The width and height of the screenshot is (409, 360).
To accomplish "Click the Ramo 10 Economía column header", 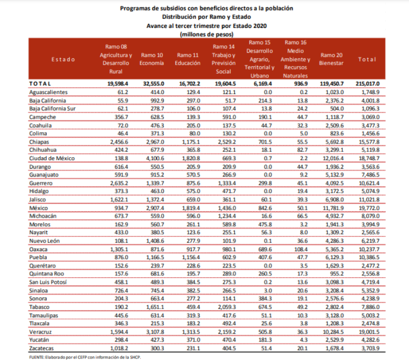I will coord(152,59).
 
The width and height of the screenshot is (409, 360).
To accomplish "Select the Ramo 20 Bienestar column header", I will coord(331,59).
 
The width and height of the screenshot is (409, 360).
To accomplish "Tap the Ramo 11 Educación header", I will coord(188,59).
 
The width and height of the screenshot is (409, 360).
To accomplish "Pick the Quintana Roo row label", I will coord(46,274).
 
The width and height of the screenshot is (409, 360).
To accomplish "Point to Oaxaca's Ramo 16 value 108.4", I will coord(298,249).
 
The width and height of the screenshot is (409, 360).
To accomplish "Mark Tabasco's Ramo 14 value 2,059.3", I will coord(225,306).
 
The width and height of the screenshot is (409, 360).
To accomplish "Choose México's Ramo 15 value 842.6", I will coord(261,208).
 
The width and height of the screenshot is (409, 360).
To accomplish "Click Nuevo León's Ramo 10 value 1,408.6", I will coord(153,241).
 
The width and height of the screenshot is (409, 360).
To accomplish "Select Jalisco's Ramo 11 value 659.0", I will coord(188,200).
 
